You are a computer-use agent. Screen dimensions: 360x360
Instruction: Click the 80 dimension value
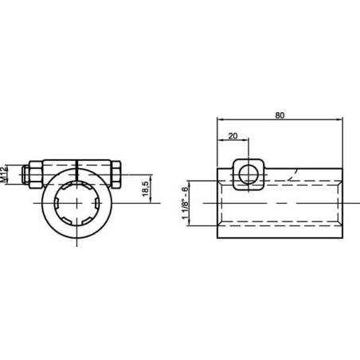point(280,115)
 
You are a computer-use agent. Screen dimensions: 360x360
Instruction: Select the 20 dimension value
point(233,136)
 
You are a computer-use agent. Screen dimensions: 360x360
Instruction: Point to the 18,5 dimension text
point(146,189)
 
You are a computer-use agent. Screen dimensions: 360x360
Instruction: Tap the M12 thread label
point(3,174)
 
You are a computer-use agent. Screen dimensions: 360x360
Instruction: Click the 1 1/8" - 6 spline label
point(185,203)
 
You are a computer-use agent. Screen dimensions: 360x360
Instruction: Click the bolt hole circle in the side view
point(248,175)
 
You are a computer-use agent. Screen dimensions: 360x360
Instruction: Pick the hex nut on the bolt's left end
point(35,174)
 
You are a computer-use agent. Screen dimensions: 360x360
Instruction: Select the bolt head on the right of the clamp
point(116,174)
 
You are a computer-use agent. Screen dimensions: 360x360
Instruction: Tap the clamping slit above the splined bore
point(76,170)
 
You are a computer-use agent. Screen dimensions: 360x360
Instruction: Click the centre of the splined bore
point(77,203)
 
